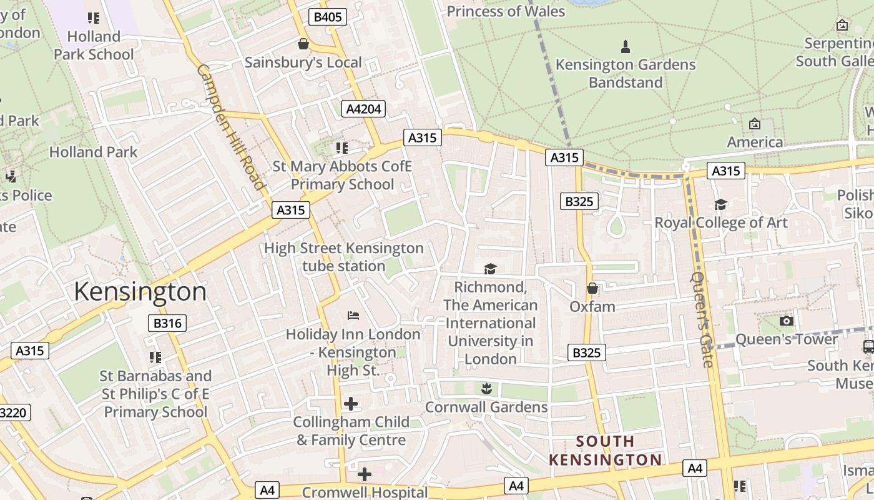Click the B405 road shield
pyautogui.click(x=328, y=17)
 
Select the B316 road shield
pyautogui.click(x=167, y=323)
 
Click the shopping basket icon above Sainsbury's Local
pyautogui.click(x=303, y=44)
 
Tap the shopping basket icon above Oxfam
pyautogui.click(x=592, y=288)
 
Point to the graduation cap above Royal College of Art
pyautogui.click(x=721, y=205)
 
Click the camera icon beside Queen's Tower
pyautogui.click(x=787, y=321)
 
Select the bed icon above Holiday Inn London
pyautogui.click(x=353, y=316)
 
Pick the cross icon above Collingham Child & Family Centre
pyautogui.click(x=351, y=404)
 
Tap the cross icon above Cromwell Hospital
pyautogui.click(x=365, y=474)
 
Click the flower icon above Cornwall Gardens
pyautogui.click(x=487, y=389)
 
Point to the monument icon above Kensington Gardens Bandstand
pyautogui.click(x=625, y=46)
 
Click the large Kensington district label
pyautogui.click(x=140, y=292)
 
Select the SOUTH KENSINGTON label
pyautogui.click(x=605, y=451)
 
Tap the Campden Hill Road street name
pyautogui.click(x=232, y=126)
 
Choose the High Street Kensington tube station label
pyautogui.click(x=344, y=257)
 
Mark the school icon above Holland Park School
pyautogui.click(x=94, y=18)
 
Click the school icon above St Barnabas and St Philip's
pyautogui.click(x=155, y=357)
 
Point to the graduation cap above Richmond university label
pyautogui.click(x=490, y=269)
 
